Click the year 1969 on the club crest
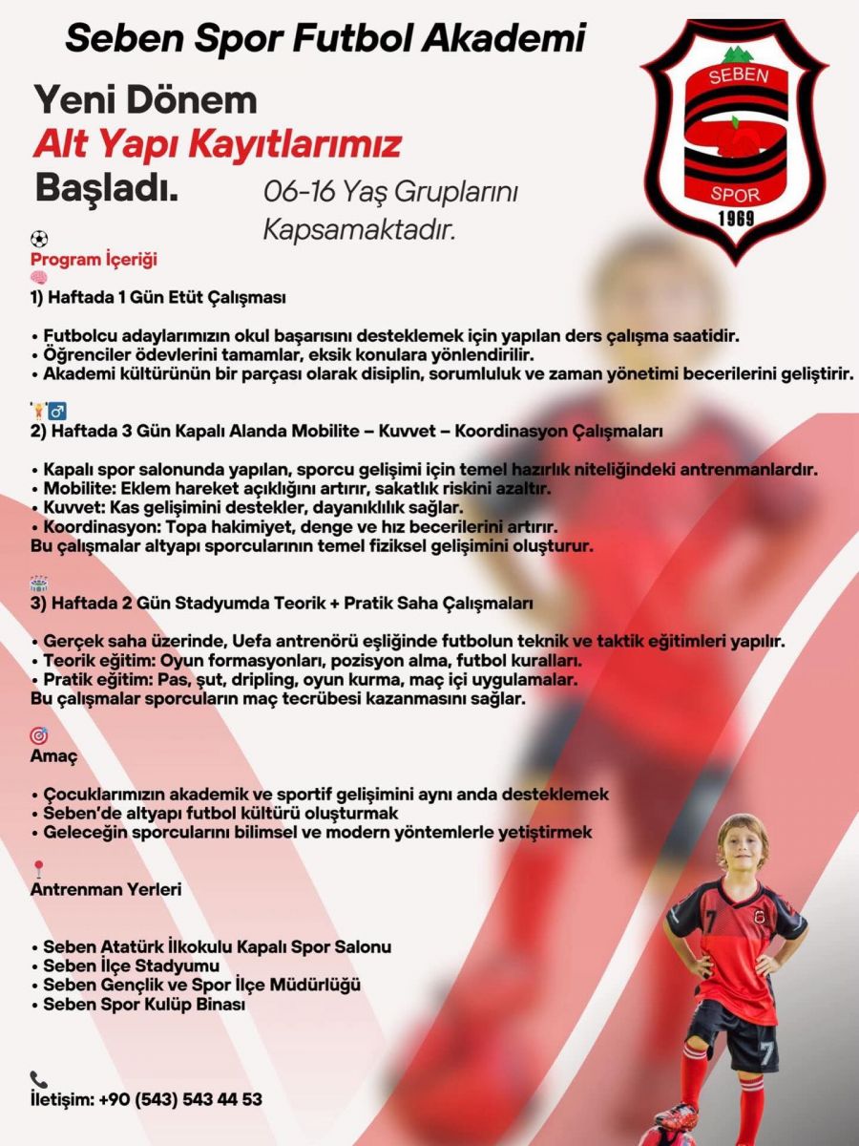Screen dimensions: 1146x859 point(735,219)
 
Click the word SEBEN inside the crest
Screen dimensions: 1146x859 point(738,76)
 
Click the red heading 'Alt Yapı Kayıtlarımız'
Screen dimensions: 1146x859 point(217,145)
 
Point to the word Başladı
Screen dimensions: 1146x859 point(107,187)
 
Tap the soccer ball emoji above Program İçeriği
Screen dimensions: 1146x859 point(39,240)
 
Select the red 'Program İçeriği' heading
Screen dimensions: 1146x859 point(94,260)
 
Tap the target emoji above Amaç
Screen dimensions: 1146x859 point(39,736)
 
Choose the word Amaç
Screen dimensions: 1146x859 point(54,755)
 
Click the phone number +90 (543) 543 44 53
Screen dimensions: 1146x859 point(180,1099)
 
